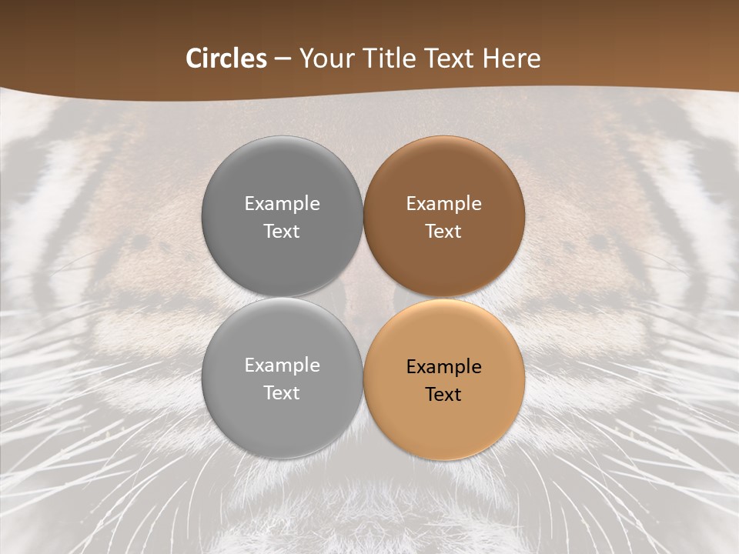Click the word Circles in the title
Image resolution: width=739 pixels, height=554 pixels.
(x=226, y=58)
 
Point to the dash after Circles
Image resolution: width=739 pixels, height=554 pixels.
(x=283, y=59)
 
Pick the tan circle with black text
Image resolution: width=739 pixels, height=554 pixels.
(x=443, y=419)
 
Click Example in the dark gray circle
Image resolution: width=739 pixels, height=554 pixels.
(x=282, y=203)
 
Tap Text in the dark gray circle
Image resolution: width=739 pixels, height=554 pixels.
(x=282, y=231)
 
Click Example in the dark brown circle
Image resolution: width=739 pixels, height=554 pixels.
(x=443, y=203)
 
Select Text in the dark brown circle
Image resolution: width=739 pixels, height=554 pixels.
(x=443, y=231)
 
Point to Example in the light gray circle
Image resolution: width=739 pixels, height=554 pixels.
(x=282, y=365)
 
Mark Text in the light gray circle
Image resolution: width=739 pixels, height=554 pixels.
(x=282, y=392)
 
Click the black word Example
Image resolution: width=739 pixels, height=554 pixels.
(x=443, y=366)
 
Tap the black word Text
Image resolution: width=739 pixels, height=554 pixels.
(x=443, y=394)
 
